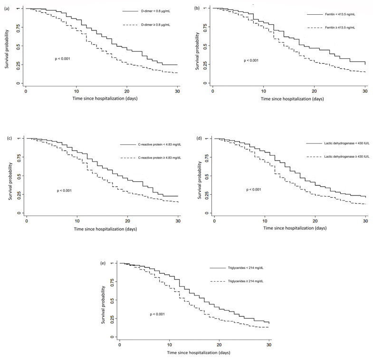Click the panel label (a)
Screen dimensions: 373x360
7,9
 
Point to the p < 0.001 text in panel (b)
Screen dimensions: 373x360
251,61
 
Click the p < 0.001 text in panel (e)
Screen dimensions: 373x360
157,314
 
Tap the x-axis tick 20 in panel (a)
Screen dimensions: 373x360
127,91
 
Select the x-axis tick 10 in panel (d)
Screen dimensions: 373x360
265,221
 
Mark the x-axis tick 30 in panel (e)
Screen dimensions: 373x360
269,345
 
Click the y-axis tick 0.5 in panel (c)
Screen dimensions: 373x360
19,176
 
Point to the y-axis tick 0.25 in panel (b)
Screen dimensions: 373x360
206,64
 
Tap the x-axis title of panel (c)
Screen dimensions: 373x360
105,229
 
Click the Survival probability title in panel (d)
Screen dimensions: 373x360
200,180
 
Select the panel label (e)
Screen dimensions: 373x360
103,263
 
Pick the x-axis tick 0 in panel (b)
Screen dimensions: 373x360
213,91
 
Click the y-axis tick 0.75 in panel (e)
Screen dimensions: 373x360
113,281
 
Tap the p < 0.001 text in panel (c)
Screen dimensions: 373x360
64,191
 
